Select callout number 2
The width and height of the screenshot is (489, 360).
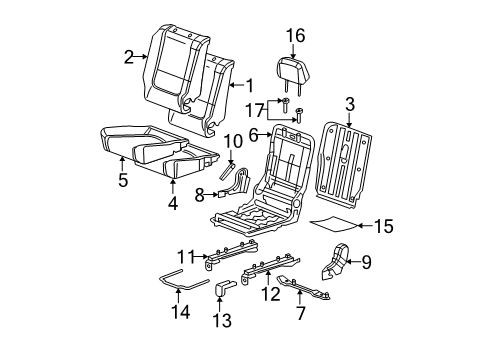130,57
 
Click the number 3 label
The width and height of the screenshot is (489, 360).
349,104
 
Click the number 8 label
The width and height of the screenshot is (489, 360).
200,194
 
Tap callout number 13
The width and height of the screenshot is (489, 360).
219,319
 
